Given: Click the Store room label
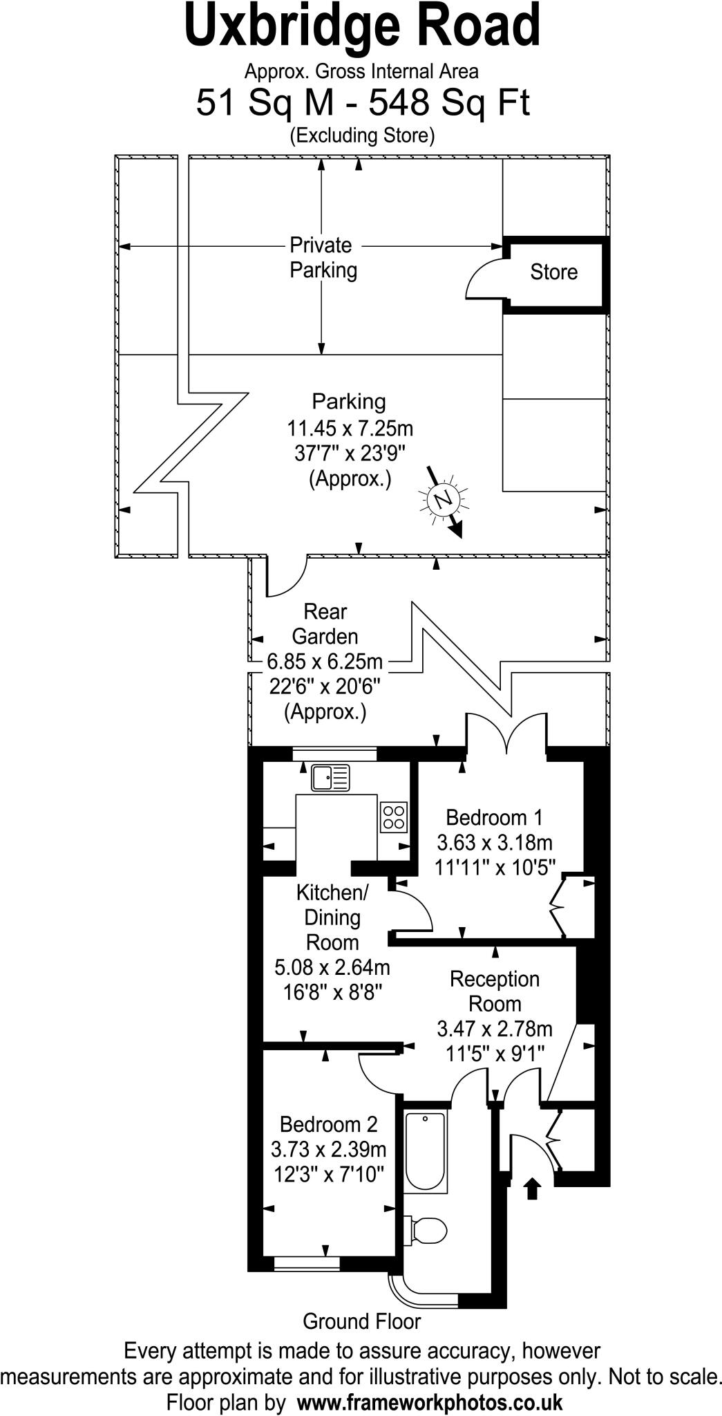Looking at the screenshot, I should (553, 272).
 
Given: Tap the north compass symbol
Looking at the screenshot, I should (443, 499).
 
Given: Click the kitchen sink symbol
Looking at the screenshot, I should (330, 778).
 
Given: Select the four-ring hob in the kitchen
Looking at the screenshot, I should (394, 817).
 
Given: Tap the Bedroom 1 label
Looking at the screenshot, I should (494, 817).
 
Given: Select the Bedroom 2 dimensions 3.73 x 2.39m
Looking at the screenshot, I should (328, 1149).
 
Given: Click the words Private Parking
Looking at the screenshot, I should (322, 257).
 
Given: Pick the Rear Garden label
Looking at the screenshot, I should (325, 624).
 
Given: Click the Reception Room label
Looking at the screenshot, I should (494, 991).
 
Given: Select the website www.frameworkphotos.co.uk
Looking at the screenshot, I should (429, 1402).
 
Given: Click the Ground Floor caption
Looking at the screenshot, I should (361, 1321).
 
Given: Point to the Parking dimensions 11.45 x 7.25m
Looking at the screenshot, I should (350, 429).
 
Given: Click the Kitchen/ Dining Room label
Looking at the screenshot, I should (332, 917).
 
